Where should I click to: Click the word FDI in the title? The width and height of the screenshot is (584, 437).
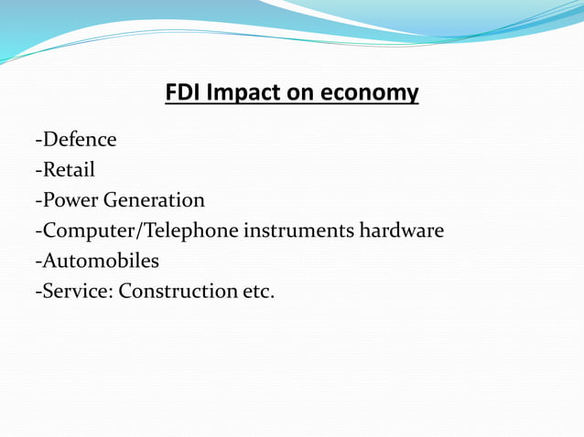pyautogui.click(x=182, y=93)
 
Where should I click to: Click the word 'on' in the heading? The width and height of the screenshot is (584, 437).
pyautogui.click(x=300, y=93)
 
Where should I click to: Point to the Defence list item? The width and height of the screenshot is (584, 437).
pyautogui.click(x=79, y=140)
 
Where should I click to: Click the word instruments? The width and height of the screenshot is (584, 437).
pyautogui.click(x=297, y=230)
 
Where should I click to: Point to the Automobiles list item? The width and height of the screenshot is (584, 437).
pyautogui.click(x=101, y=261)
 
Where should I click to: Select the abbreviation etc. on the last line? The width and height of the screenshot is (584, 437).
pyautogui.click(x=259, y=291)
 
